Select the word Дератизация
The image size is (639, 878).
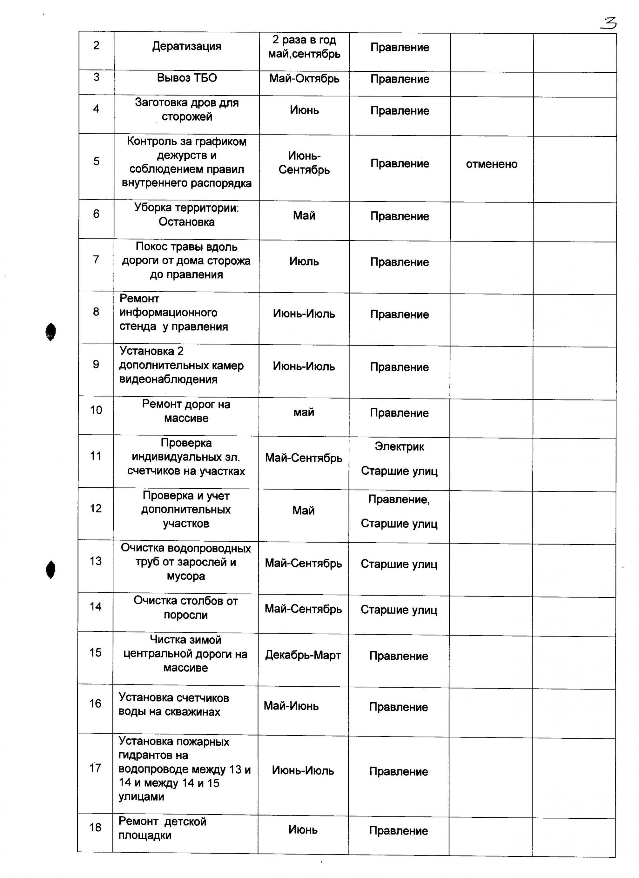pyautogui.click(x=186, y=46)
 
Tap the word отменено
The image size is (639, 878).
pyautogui.click(x=491, y=164)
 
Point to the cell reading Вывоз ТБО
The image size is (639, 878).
pyautogui.click(x=186, y=78)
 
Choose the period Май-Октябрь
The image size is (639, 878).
pyautogui.click(x=304, y=79)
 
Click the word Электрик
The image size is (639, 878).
pyautogui.click(x=399, y=447)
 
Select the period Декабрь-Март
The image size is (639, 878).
pyautogui.click(x=303, y=655)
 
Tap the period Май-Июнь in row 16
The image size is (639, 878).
pyautogui.click(x=291, y=706)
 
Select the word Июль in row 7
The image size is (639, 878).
pyautogui.click(x=304, y=261)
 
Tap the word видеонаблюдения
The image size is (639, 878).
pyautogui.click(x=168, y=380)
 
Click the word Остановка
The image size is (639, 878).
pyautogui.click(x=186, y=222)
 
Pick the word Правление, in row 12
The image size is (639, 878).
pyautogui.click(x=399, y=500)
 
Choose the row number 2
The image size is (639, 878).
pyautogui.click(x=96, y=46)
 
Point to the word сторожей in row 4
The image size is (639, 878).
pyautogui.click(x=187, y=116)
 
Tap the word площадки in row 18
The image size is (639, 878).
pyautogui.click(x=145, y=835)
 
